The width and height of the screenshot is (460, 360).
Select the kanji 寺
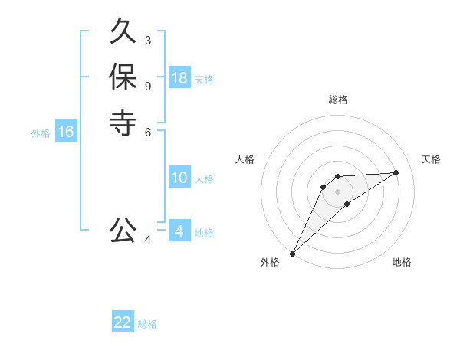123,123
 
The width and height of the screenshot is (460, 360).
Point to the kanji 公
123,230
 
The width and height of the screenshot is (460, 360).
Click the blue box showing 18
179,78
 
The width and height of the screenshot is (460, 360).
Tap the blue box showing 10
179,178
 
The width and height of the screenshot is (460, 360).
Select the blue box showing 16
66,132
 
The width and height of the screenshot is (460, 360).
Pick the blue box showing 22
123,322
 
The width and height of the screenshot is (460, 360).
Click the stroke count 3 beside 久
148,40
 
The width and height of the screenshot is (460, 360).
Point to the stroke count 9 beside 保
148,85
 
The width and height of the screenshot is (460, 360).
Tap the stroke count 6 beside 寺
148,131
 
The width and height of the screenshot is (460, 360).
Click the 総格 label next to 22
148,324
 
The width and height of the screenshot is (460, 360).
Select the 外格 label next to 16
41,133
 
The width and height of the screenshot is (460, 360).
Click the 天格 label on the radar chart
431,159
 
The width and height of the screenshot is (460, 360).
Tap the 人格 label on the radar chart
245,159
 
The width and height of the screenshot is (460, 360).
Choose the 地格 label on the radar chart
402,262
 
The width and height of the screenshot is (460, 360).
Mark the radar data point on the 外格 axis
292,254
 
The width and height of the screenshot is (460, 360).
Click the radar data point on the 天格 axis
396,172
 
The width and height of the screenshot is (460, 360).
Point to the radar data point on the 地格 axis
347,204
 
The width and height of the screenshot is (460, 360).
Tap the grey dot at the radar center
337,191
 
